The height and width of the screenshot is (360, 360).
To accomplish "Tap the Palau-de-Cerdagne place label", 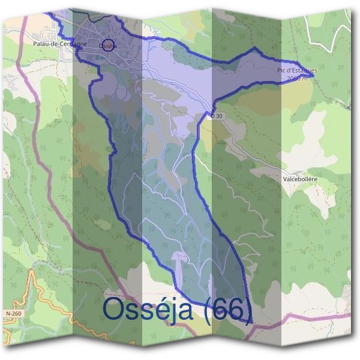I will pos(60,44).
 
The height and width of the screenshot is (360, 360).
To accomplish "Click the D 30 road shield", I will pos(217,115).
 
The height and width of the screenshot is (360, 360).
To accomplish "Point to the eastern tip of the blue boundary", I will pos(313,76).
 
